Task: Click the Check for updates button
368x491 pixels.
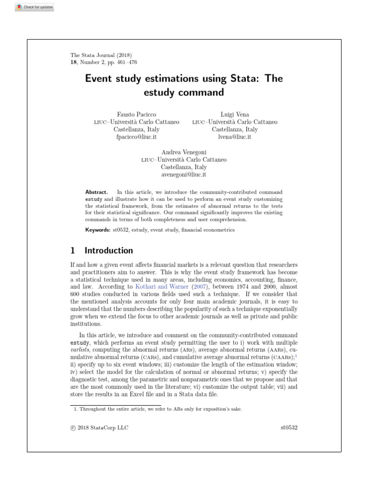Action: tap(34, 8)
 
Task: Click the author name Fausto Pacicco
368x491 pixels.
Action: tap(137, 114)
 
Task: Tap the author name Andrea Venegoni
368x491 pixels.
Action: tap(184, 152)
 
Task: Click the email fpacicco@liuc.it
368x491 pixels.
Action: tap(137, 137)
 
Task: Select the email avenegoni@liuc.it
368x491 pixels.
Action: tap(184, 175)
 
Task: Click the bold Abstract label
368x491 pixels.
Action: tap(96, 192)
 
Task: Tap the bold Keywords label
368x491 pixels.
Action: tap(98, 230)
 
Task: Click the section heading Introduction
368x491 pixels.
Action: tap(109, 250)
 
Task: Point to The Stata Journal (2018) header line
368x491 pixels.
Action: tap(101, 55)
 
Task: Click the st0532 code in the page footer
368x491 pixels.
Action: tap(289, 427)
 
